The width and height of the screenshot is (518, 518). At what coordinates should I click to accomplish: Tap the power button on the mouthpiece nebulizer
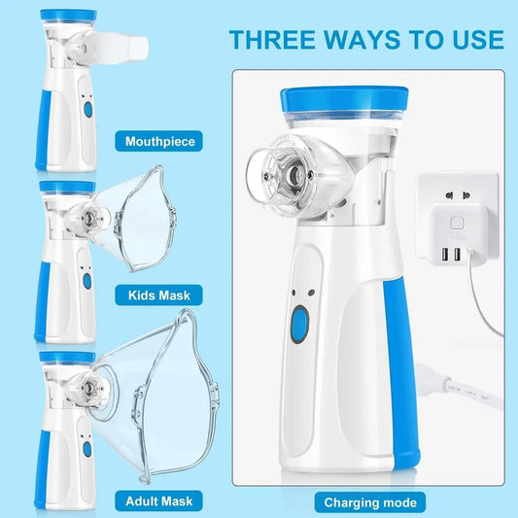86,111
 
